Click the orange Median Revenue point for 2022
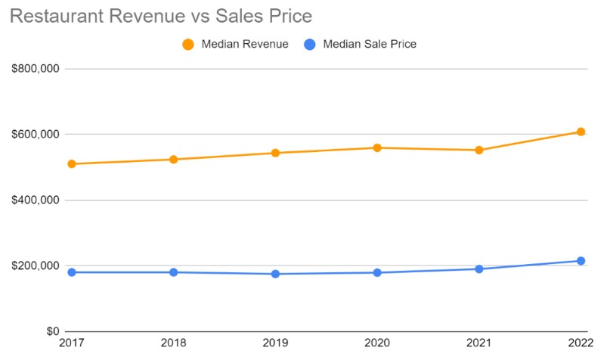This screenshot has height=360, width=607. (x=581, y=132)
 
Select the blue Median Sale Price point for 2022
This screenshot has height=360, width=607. (x=581, y=261)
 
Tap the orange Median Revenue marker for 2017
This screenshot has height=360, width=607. (x=72, y=163)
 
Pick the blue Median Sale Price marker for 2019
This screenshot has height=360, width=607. (x=275, y=274)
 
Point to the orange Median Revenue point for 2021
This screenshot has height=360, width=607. (x=479, y=150)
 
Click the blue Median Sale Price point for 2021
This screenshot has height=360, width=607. (x=479, y=268)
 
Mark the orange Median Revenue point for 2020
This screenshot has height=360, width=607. (x=377, y=147)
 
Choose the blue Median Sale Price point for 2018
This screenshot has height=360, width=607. (x=173, y=272)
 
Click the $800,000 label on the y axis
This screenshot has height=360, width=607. (x=36, y=69)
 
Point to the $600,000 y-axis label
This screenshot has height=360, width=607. (x=36, y=135)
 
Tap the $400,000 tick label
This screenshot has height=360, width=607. (x=36, y=200)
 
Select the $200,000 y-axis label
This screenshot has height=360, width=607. (x=36, y=266)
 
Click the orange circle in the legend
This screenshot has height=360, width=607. (x=188, y=44)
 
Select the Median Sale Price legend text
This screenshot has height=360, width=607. (x=369, y=44)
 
